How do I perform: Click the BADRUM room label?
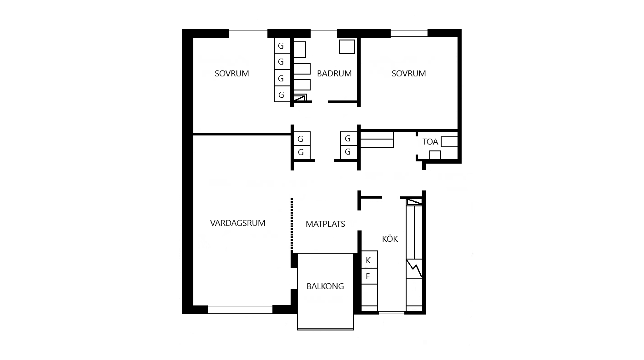click(x=334, y=74)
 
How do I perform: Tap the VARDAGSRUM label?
click(x=237, y=223)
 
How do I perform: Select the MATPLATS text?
click(x=325, y=224)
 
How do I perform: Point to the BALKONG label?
click(x=325, y=286)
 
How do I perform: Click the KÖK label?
click(x=390, y=238)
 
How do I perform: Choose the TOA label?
click(x=430, y=142)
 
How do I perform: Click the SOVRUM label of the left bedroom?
click(x=232, y=74)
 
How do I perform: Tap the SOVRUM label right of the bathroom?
click(x=408, y=74)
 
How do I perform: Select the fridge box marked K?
click(x=369, y=260)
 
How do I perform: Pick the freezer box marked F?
click(x=369, y=276)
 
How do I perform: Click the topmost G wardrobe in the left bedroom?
click(x=282, y=45)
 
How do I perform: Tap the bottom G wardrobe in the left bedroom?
click(x=282, y=94)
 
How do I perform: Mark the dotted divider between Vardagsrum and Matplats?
click(x=292, y=225)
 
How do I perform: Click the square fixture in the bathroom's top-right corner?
click(x=347, y=46)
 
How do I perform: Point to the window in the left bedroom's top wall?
click(x=248, y=33)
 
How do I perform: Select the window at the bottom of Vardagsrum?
click(x=240, y=310)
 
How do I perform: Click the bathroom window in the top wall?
click(x=324, y=33)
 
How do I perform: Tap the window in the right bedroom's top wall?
click(x=409, y=33)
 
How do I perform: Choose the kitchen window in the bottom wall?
click(x=391, y=313)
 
